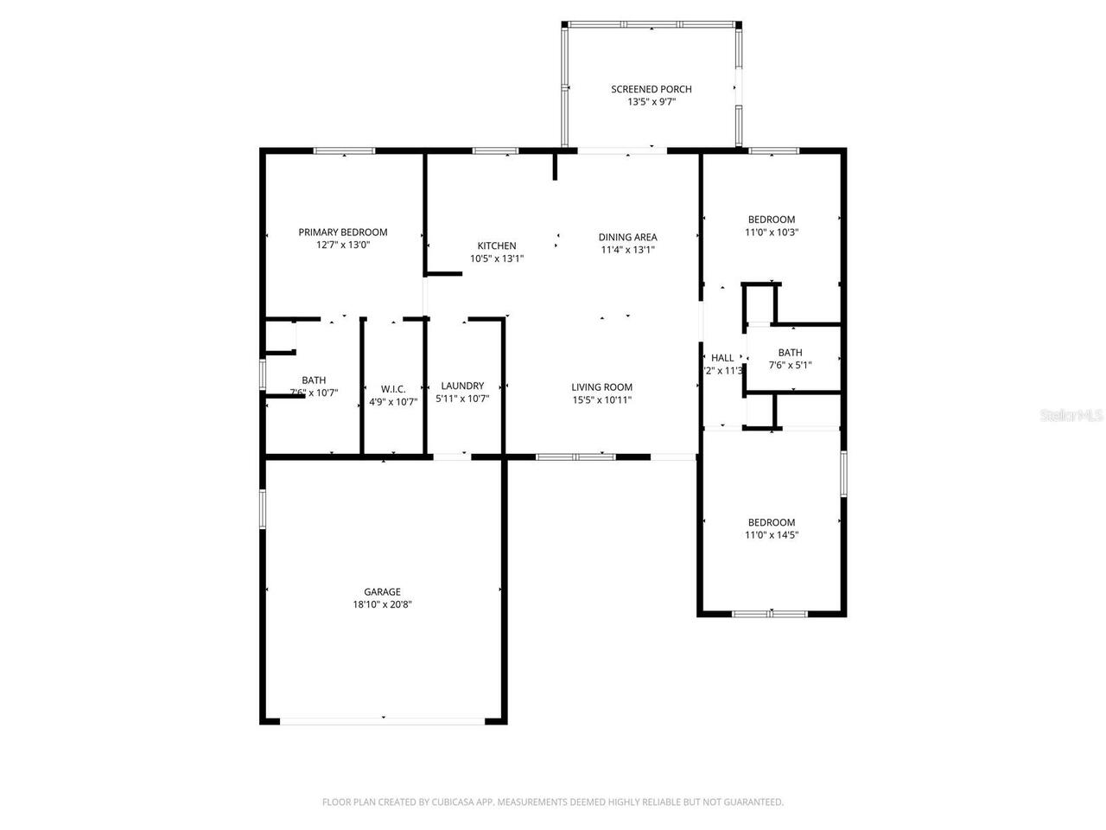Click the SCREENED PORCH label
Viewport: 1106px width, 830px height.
pos(651,89)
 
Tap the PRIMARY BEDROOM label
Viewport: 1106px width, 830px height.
pos(342,232)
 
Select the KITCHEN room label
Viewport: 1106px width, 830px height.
pos(496,246)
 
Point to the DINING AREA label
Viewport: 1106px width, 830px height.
pos(627,237)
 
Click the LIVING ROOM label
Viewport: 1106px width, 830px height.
pos(601,387)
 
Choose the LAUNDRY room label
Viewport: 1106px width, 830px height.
pos(462,386)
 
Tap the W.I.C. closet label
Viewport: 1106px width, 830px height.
pos(393,389)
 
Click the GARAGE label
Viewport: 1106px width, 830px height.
pos(381,592)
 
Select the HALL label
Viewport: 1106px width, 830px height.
pos(722,358)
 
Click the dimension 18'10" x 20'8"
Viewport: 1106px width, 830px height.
pos(381,605)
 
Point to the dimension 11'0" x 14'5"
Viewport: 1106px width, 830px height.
pos(771,535)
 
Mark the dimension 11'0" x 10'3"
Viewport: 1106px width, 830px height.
pos(771,233)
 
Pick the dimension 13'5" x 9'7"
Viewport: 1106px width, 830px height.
pos(651,102)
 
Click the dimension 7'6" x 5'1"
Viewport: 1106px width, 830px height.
pos(790,365)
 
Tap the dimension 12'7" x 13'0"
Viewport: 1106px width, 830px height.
pos(342,245)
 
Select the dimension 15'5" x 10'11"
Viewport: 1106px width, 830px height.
pos(601,400)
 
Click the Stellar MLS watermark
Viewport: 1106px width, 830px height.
pos(1071,415)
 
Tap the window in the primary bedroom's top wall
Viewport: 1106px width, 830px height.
pos(344,151)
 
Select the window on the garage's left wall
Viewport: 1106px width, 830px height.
pos(264,508)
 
